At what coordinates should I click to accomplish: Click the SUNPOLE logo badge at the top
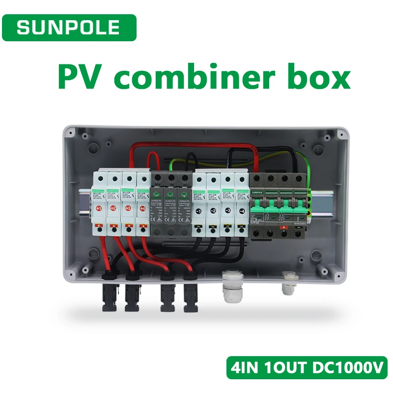68,28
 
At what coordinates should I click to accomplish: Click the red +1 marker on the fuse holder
100,209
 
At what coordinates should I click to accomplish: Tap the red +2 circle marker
114,209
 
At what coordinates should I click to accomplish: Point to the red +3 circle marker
128,209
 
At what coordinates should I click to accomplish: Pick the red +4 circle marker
142,209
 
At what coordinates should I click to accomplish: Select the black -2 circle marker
214,212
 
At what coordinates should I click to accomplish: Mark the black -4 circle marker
242,212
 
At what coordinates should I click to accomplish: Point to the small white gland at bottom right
287,283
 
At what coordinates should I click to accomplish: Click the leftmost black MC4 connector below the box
108,295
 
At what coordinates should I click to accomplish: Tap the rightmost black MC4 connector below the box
190,296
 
